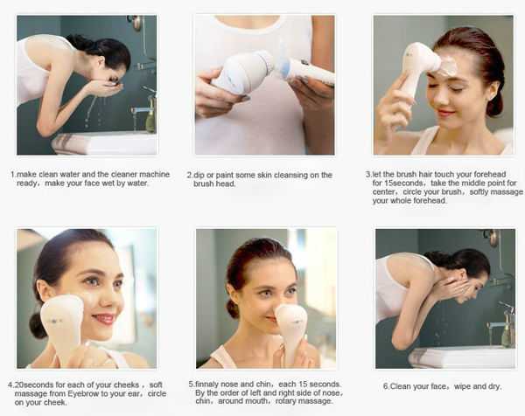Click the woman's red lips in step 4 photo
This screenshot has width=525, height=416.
pos(102,319)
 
